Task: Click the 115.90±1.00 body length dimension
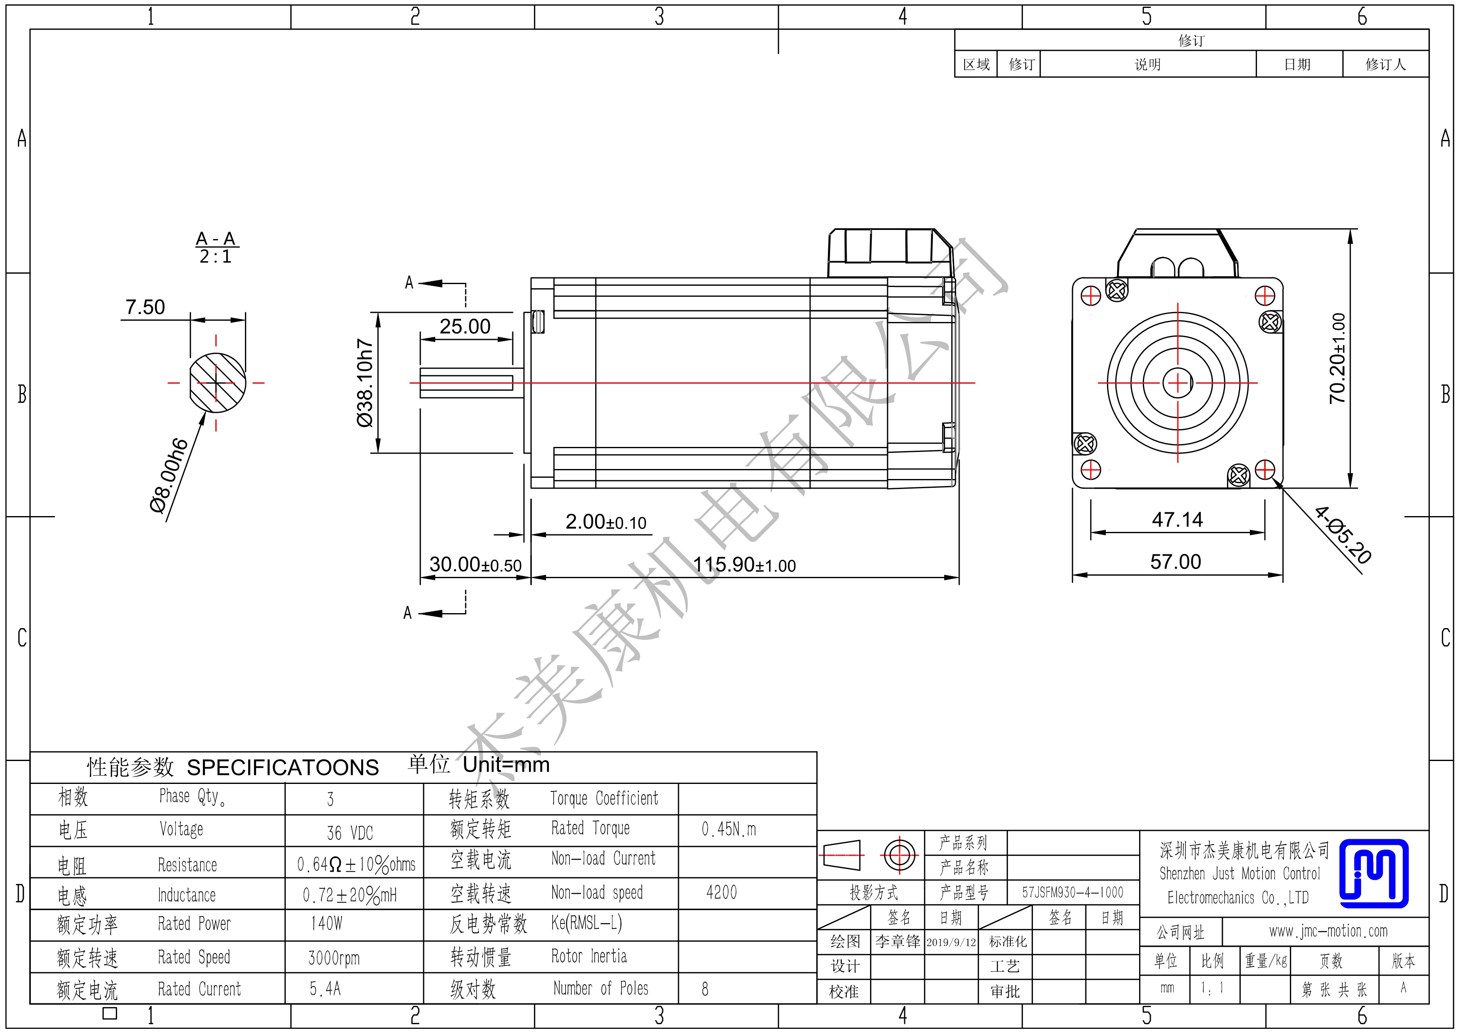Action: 745,564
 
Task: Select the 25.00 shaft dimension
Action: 465,327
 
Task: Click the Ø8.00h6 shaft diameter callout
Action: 169,475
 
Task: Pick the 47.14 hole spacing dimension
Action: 1177,519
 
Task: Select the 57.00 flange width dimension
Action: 1176,561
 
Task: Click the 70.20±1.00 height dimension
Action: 1338,358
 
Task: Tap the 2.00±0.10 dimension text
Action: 606,522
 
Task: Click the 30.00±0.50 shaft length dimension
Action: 475,564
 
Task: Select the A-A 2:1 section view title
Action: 216,247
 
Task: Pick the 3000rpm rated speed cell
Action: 334,958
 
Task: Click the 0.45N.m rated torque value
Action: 729,829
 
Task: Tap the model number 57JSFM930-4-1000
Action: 1073,892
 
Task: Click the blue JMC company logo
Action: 1374,873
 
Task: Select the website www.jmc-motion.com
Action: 1329,931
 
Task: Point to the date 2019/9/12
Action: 951,942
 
